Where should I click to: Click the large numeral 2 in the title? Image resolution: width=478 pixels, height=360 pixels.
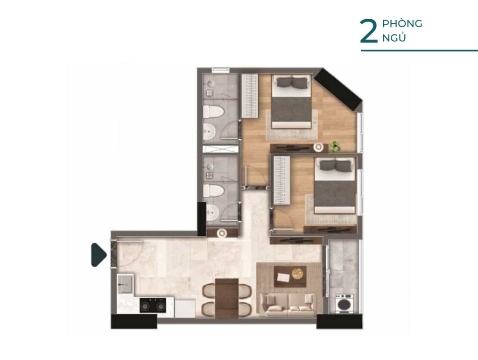click(368, 32)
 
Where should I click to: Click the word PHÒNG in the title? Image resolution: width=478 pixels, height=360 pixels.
click(402, 23)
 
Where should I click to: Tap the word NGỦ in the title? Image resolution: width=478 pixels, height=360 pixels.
click(394, 37)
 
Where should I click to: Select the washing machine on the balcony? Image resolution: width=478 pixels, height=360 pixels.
click(344, 304)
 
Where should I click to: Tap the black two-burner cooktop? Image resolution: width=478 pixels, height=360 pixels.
click(153, 305)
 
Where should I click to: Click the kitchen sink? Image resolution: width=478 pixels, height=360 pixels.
click(125, 283)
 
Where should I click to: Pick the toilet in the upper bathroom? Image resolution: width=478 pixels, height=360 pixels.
click(213, 112)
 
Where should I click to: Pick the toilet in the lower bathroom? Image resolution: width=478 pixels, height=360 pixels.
click(213, 191)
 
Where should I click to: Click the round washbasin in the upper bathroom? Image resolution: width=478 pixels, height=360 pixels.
click(210, 132)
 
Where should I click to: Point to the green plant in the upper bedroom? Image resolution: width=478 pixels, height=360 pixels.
click(335, 146)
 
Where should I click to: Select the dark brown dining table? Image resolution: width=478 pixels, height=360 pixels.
click(226, 298)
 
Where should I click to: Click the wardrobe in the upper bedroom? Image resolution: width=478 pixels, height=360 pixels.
click(250, 95)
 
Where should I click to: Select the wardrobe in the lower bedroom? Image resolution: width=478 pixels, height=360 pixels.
click(281, 180)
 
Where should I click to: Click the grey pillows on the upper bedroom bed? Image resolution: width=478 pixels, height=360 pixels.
click(292, 82)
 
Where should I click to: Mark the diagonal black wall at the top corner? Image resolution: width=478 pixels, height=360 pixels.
click(338, 89)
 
